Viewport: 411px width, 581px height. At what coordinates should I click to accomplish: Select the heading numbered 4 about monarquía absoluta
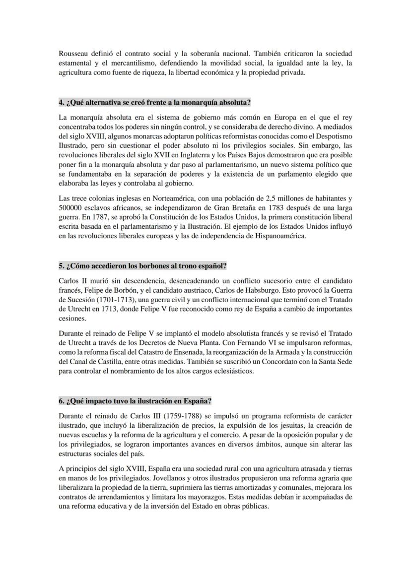pos(154,103)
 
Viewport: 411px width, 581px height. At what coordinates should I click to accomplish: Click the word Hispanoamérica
pos(278,236)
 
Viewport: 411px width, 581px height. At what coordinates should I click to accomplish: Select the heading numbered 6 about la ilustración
pos(135,401)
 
